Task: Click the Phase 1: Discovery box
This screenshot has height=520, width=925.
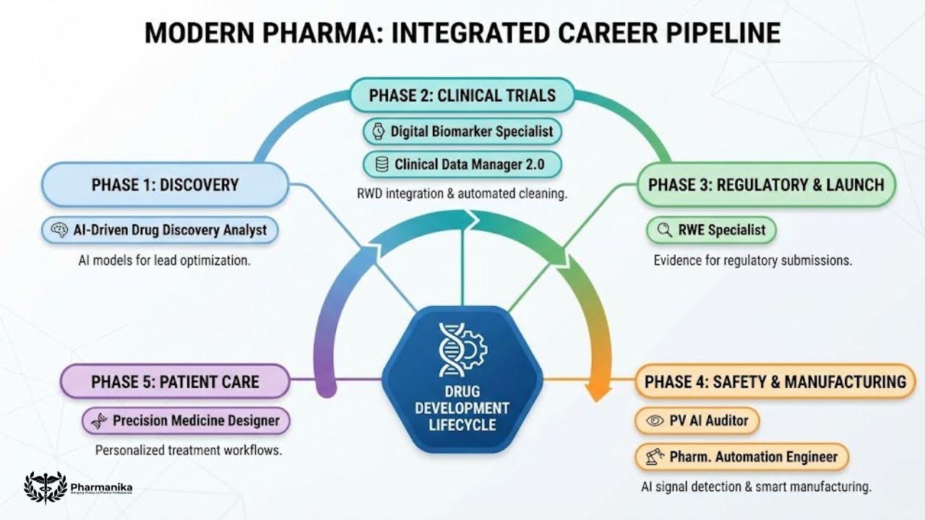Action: pyautogui.click(x=165, y=185)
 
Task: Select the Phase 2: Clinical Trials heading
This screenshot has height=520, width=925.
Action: pyautogui.click(x=462, y=95)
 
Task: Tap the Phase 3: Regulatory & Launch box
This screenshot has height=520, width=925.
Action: pyautogui.click(x=766, y=184)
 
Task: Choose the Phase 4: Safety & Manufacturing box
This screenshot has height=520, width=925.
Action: pyautogui.click(x=775, y=381)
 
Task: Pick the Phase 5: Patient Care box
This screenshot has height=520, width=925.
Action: pyautogui.click(x=175, y=381)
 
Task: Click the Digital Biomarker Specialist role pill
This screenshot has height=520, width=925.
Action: pyautogui.click(x=462, y=131)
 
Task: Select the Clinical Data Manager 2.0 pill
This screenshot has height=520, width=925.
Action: pyautogui.click(x=462, y=165)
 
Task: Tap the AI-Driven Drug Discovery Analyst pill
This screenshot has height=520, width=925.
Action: pyautogui.click(x=160, y=230)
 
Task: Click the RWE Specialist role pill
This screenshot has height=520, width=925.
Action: pyautogui.click(x=710, y=230)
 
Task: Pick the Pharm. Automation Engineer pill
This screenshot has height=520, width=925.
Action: pyautogui.click(x=741, y=457)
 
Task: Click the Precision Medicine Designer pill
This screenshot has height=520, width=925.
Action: pyautogui.click(x=186, y=420)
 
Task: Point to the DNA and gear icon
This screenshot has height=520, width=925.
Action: pyautogui.click(x=462, y=350)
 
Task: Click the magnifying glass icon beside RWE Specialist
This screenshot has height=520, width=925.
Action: pyautogui.click(x=664, y=230)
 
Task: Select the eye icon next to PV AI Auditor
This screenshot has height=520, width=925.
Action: pyautogui.click(x=655, y=420)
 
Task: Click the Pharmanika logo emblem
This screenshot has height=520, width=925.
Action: pyautogui.click(x=45, y=487)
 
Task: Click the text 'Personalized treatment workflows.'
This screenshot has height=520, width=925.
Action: pyautogui.click(x=188, y=450)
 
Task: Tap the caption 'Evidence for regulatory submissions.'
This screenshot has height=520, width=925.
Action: pyautogui.click(x=752, y=260)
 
